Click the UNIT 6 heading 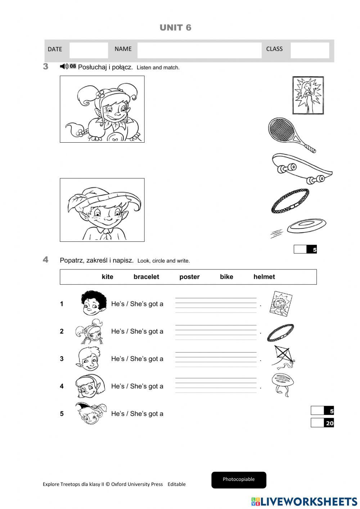point(175,28)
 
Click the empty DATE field point(89,50)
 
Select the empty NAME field point(199,50)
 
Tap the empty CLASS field point(310,50)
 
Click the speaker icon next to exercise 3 point(64,66)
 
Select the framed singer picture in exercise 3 point(308,95)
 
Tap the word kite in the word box point(107,277)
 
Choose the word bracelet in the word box point(146,277)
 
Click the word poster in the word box point(189,277)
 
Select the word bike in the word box point(226,277)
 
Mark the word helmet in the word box point(264,277)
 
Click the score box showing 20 point(322,423)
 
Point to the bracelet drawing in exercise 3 point(290,201)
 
